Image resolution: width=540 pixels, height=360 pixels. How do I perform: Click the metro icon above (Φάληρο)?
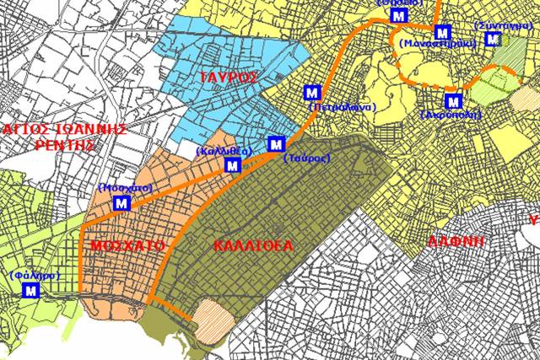(x=32, y=291)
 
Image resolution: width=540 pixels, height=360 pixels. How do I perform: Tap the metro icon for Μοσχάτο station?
(x=121, y=203)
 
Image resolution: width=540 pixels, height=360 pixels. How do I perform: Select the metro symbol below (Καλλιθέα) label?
(x=231, y=166)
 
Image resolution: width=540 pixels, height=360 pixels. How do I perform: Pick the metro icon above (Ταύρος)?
(x=275, y=143)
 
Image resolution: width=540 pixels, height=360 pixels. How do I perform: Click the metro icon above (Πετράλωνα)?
(x=313, y=92)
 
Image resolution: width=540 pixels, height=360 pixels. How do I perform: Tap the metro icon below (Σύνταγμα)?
(x=492, y=39)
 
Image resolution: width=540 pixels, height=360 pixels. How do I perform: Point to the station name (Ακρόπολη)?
(x=450, y=114)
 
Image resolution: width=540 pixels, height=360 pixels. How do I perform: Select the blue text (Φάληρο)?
(x=31, y=275)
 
